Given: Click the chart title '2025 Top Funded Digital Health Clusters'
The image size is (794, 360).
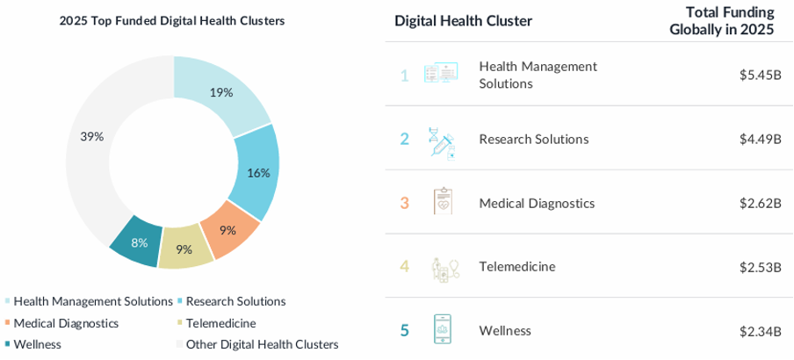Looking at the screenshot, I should (171, 21).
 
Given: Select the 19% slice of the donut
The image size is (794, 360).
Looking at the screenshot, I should (221, 91).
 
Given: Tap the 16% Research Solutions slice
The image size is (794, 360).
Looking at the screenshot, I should (257, 172).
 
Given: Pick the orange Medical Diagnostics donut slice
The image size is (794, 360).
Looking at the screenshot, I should (228, 231).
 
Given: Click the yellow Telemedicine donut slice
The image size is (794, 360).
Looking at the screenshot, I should (184, 249).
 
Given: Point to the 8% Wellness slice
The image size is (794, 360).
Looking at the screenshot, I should (139, 242).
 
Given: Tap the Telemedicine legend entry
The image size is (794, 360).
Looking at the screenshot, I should (220, 323).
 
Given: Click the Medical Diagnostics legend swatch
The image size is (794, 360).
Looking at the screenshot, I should (8, 323).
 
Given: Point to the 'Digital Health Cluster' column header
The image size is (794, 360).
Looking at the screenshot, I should (463, 21).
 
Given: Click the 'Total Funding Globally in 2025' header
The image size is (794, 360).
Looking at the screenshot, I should (721, 20).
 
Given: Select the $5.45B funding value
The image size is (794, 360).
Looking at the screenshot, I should (760, 75).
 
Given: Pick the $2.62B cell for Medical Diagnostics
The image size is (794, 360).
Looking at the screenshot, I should (760, 203).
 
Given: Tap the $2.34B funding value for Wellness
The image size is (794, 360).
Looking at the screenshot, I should (760, 330).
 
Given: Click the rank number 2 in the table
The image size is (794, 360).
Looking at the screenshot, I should (405, 139).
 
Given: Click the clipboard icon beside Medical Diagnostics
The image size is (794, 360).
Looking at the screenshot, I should (442, 203).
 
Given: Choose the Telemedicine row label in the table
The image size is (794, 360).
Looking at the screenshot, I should (517, 266).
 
